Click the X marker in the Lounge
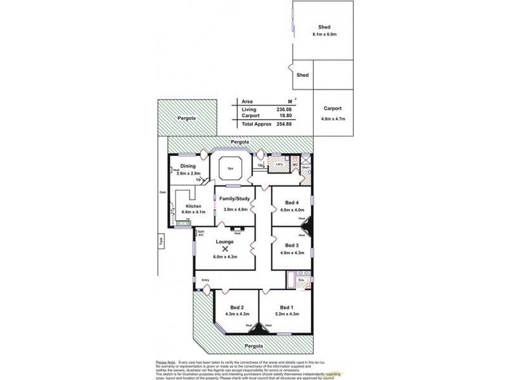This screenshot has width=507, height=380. click(225, 250)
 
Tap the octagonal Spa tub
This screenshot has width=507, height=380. click(229, 169)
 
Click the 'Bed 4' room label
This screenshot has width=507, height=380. click(292, 203)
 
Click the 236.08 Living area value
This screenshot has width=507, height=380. click(284, 109)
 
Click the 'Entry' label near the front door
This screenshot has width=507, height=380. click(205, 279)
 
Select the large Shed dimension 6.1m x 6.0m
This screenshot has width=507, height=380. click(324, 34)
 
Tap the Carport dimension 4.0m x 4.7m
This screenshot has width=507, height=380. click(332, 118)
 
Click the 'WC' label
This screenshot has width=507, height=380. click(295, 165)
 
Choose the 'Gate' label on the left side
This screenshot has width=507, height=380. click(162, 192)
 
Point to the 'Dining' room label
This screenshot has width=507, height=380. click(188, 166)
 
